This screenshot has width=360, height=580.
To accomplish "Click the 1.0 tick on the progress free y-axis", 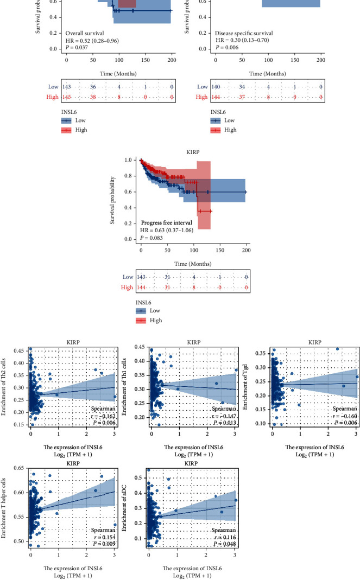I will [129, 161].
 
